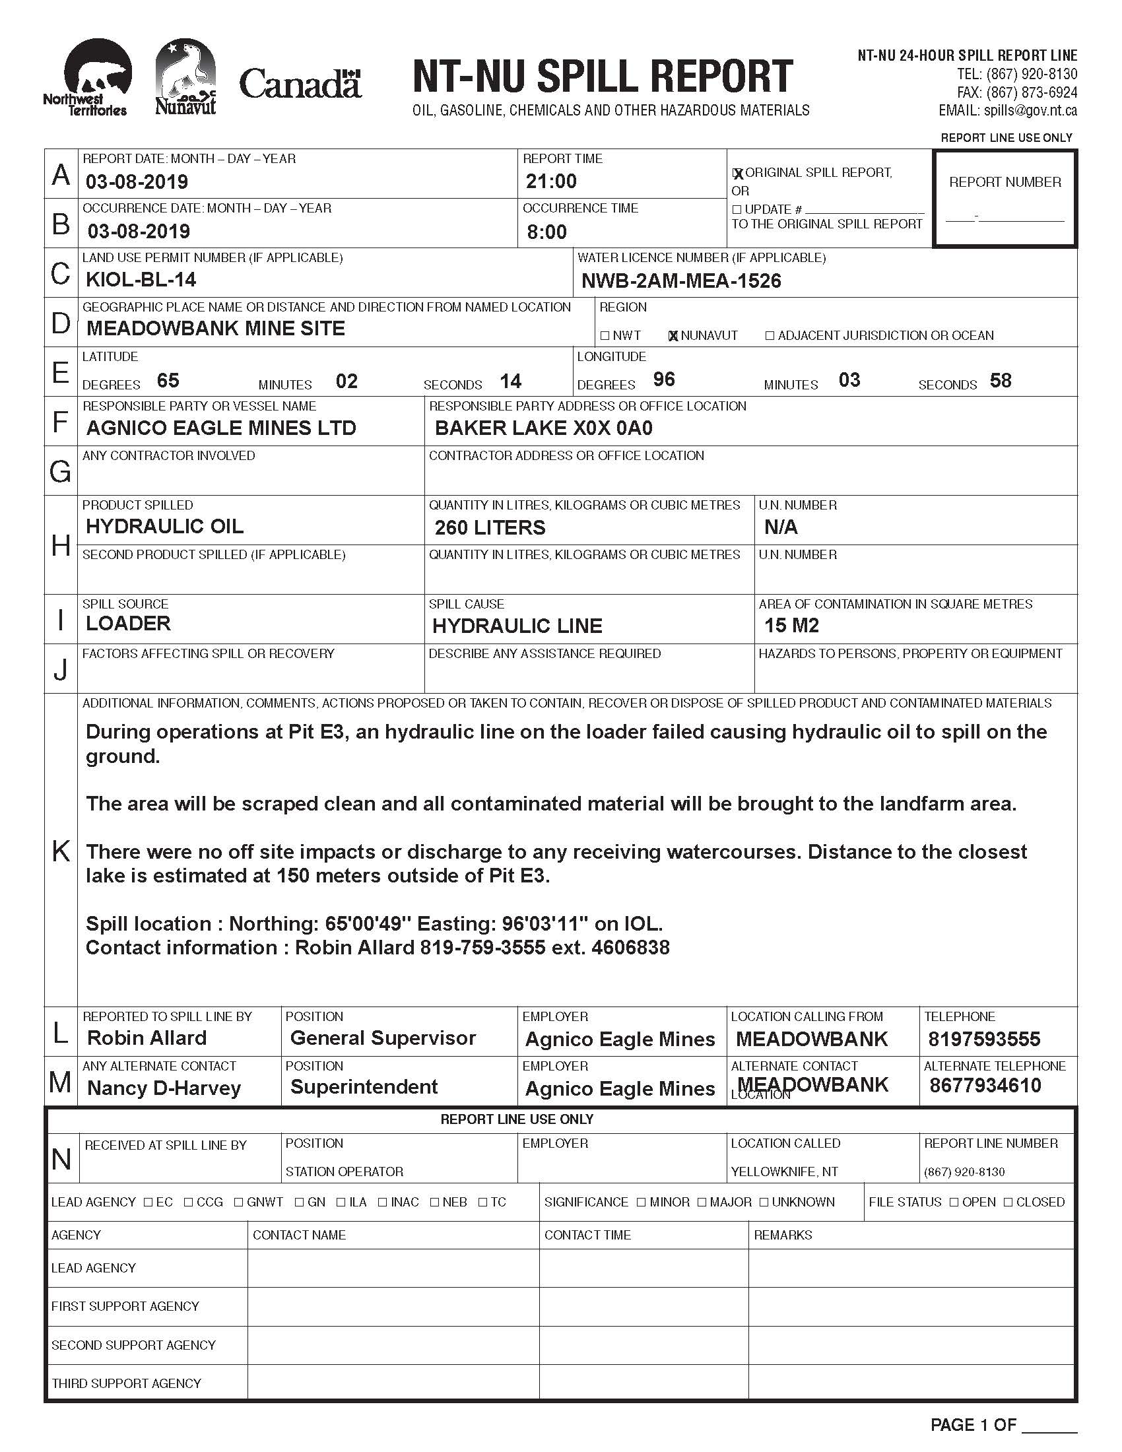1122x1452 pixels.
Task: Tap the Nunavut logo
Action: [185, 77]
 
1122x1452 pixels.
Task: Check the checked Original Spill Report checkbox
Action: [737, 174]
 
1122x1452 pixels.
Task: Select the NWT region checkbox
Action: [605, 336]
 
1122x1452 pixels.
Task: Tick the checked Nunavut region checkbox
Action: [673, 336]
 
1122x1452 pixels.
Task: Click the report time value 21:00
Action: [551, 181]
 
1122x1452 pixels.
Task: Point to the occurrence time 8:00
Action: [546, 232]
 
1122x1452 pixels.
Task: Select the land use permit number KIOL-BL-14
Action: [141, 279]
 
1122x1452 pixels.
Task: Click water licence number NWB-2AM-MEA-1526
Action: [681, 281]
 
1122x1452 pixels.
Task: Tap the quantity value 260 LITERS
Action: [490, 528]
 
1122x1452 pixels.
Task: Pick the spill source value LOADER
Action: [128, 624]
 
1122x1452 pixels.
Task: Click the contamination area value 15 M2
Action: [791, 626]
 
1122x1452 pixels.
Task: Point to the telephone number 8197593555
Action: [985, 1039]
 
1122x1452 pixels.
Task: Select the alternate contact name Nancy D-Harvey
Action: [164, 1088]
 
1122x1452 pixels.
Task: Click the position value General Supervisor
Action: [383, 1038]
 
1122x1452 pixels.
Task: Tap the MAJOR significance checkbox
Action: [703, 1202]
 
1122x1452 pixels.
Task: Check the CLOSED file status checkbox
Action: [1008, 1202]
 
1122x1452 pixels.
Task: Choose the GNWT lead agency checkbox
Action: [239, 1202]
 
